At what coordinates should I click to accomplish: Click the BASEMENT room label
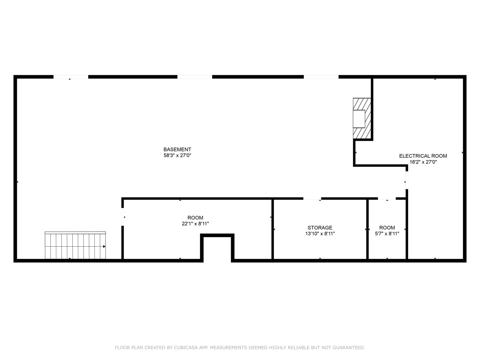click(177, 150)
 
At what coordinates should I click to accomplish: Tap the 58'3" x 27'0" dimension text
click(177, 155)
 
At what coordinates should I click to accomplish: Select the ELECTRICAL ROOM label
click(423, 156)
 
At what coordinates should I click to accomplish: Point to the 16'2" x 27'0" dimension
click(423, 162)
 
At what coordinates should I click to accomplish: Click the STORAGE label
click(320, 228)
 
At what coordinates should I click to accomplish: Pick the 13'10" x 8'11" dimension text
click(320, 234)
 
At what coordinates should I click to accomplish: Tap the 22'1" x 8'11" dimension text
click(195, 224)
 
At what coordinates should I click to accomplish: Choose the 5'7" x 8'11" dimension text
click(387, 234)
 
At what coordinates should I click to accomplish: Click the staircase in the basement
click(75, 246)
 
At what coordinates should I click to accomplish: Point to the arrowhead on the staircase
click(104, 247)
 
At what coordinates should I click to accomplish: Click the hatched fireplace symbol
click(362, 118)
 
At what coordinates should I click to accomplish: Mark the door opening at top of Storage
click(312, 199)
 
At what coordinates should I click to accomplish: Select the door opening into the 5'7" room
click(387, 199)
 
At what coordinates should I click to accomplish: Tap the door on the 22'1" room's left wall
click(123, 217)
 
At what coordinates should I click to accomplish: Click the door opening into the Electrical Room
click(407, 180)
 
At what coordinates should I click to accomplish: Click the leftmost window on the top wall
click(71, 77)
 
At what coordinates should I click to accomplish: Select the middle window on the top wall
click(195, 77)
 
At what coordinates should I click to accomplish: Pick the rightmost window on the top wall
click(321, 77)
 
